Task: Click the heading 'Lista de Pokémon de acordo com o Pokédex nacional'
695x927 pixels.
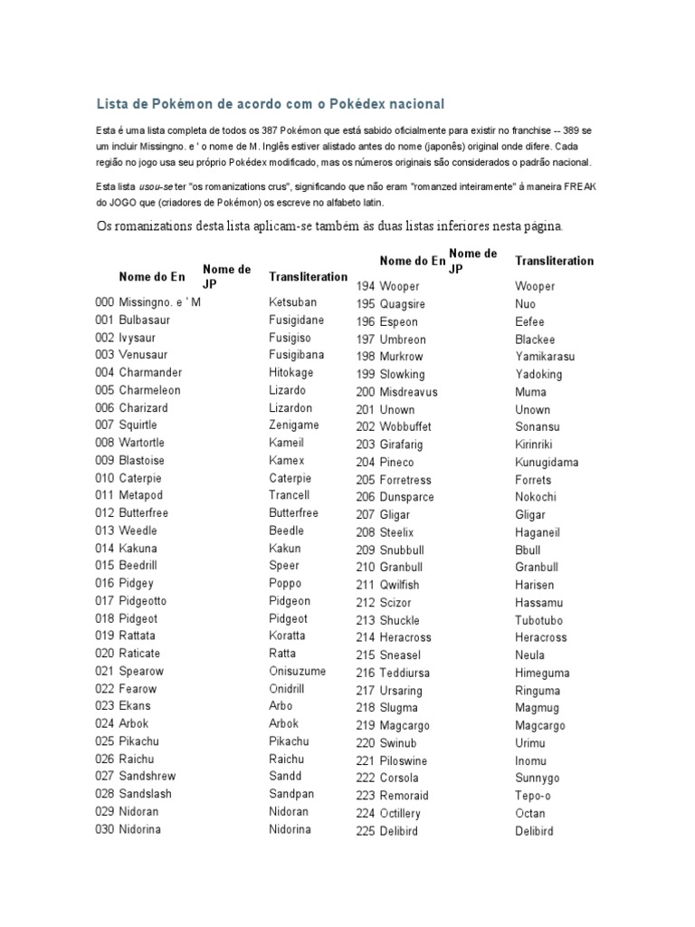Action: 271,104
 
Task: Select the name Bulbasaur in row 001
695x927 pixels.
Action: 144,320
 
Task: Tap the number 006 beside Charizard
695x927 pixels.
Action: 104,408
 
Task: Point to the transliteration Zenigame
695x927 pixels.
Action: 293,425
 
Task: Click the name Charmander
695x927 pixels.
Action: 150,373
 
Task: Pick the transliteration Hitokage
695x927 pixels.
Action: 290,373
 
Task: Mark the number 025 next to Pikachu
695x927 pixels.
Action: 104,741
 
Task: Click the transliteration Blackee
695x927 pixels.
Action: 535,339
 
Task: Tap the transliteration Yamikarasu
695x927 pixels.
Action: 545,357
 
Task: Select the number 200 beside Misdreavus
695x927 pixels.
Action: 366,392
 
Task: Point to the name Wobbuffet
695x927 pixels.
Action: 405,427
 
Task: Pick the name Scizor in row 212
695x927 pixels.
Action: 395,603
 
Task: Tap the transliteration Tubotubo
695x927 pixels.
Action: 539,621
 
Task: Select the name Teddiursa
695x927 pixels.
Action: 405,673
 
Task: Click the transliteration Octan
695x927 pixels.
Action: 530,814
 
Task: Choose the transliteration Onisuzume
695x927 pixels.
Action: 297,672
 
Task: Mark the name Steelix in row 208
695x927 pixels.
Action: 398,532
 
